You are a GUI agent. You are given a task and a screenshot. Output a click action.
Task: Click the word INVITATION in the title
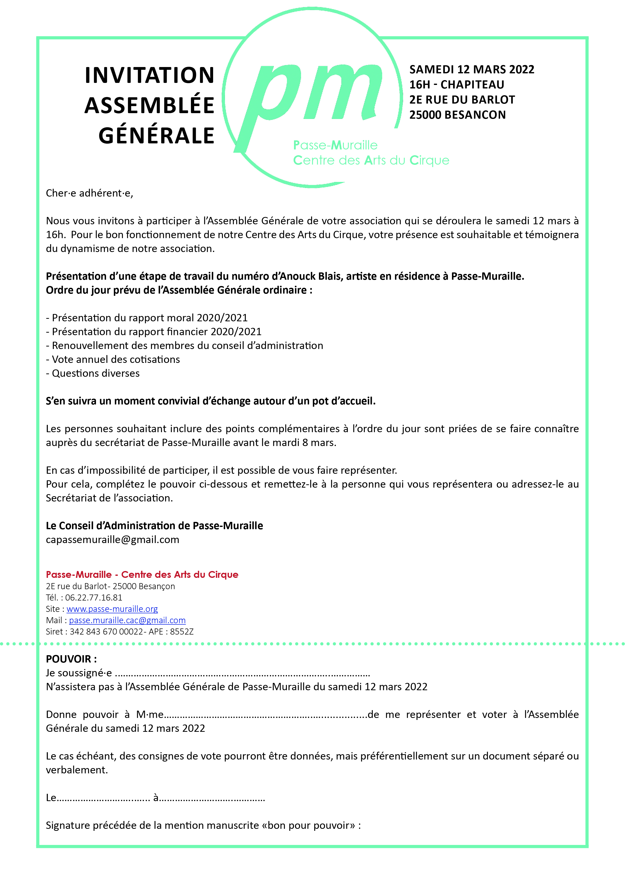click(x=149, y=75)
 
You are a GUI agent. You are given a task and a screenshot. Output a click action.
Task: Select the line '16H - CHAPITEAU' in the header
click(x=456, y=85)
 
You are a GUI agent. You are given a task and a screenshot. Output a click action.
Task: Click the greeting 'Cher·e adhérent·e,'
click(x=89, y=193)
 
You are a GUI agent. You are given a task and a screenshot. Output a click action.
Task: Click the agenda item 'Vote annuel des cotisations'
click(x=113, y=360)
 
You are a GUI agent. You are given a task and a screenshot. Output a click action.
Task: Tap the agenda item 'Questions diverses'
click(x=93, y=373)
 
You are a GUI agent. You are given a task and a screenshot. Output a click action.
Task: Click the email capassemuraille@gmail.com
click(x=112, y=540)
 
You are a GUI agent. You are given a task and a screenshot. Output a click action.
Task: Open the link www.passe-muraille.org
click(x=112, y=609)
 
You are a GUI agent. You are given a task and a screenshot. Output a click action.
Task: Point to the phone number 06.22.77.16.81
click(x=93, y=598)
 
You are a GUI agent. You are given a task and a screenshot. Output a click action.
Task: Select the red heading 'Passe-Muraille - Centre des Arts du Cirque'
click(x=142, y=575)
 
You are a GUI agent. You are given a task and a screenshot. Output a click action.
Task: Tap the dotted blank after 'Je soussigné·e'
click(x=242, y=674)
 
